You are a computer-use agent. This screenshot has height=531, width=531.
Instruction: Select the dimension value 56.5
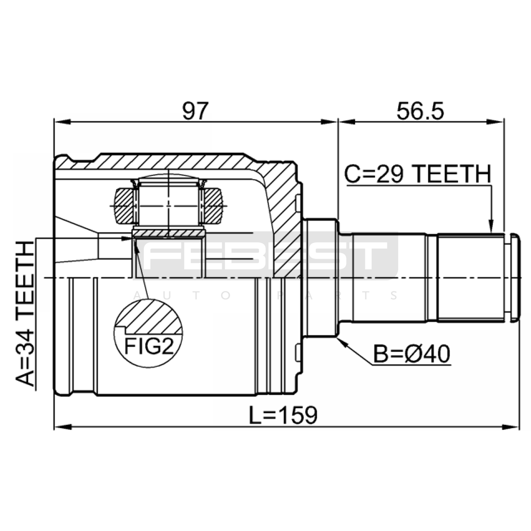(x=420, y=111)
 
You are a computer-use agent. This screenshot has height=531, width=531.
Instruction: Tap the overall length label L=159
(x=283, y=415)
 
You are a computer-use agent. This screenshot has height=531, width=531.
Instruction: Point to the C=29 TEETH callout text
(x=417, y=174)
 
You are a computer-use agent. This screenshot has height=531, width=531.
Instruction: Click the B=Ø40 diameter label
(x=412, y=354)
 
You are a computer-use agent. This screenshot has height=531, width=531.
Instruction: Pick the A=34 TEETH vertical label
(x=25, y=314)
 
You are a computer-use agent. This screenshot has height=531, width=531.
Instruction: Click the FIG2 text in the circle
(x=149, y=346)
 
